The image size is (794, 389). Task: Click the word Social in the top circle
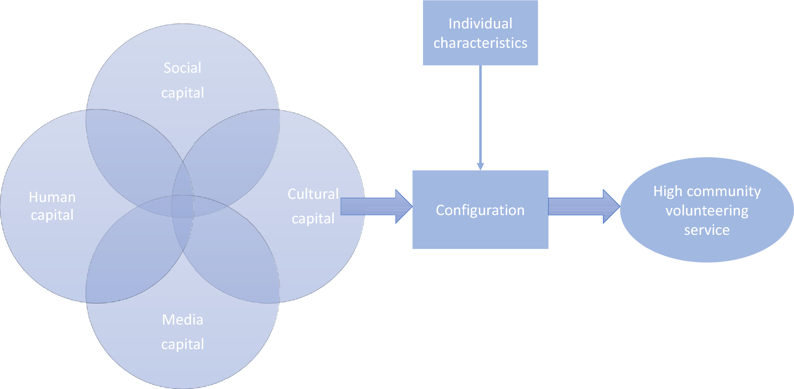(182, 68)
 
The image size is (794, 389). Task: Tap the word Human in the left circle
(52, 197)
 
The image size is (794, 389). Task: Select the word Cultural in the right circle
(313, 194)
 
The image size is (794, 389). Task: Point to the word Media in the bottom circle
(182, 320)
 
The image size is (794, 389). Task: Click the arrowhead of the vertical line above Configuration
(480, 166)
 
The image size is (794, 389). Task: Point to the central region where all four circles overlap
(182, 206)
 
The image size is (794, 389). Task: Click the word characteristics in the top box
(480, 43)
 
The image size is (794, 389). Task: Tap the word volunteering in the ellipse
(707, 211)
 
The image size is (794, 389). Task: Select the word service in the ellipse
(707, 230)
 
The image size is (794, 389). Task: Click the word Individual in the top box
(480, 24)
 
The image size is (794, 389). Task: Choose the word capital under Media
(182, 344)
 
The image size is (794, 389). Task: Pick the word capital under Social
(182, 93)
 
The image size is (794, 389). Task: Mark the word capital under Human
(52, 215)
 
